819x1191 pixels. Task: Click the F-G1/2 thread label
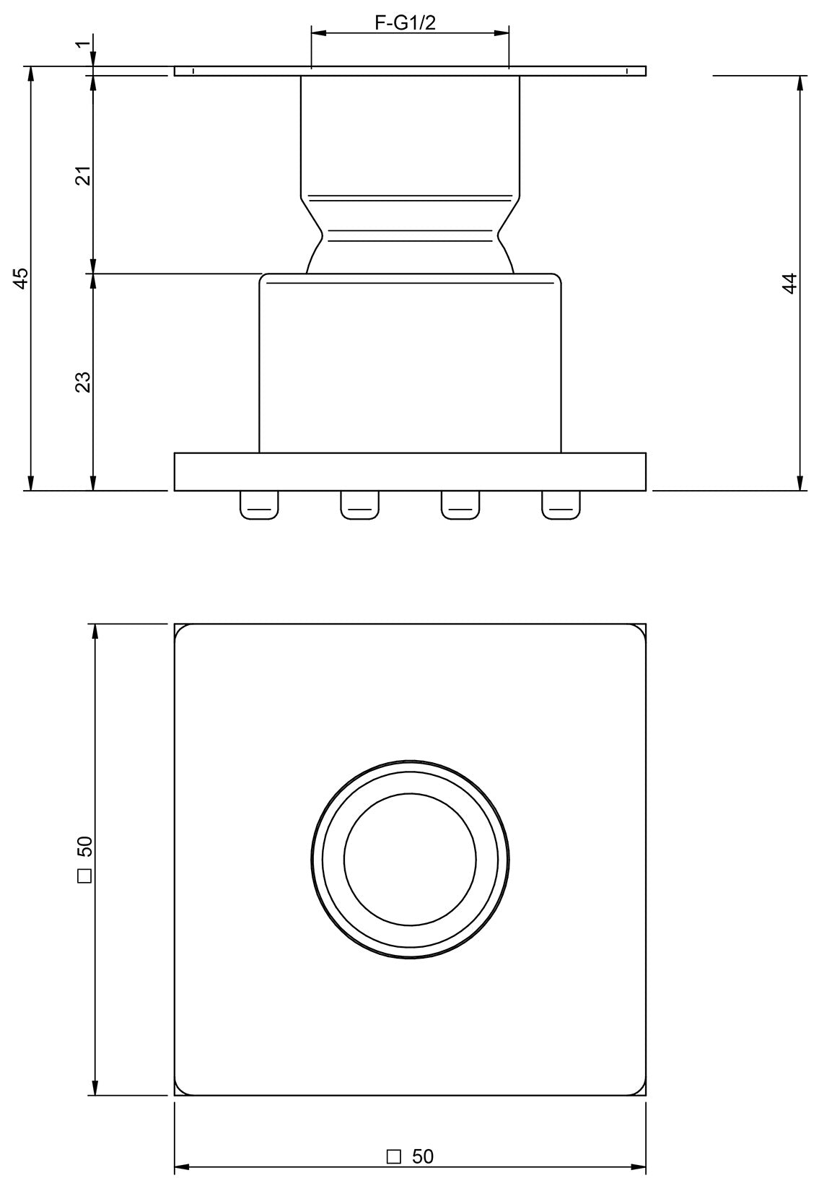pyautogui.click(x=405, y=23)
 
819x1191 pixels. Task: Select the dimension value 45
pyautogui.click(x=22, y=278)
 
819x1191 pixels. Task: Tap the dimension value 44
pyautogui.click(x=789, y=283)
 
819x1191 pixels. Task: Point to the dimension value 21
pyautogui.click(x=84, y=175)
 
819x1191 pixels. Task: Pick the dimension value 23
pyautogui.click(x=84, y=381)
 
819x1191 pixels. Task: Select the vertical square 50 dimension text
pyautogui.click(x=84, y=859)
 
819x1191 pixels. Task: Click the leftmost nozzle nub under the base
pyautogui.click(x=259, y=505)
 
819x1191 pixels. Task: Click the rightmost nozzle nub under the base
pyautogui.click(x=561, y=505)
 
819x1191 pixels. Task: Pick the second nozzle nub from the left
pyautogui.click(x=360, y=505)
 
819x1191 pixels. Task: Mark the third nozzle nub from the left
pyautogui.click(x=460, y=505)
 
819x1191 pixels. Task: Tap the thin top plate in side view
pyautogui.click(x=410, y=71)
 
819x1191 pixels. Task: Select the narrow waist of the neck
pyautogui.click(x=410, y=234)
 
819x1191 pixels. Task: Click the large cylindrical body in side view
pyautogui.click(x=410, y=365)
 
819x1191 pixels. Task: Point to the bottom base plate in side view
pyautogui.click(x=410, y=472)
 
